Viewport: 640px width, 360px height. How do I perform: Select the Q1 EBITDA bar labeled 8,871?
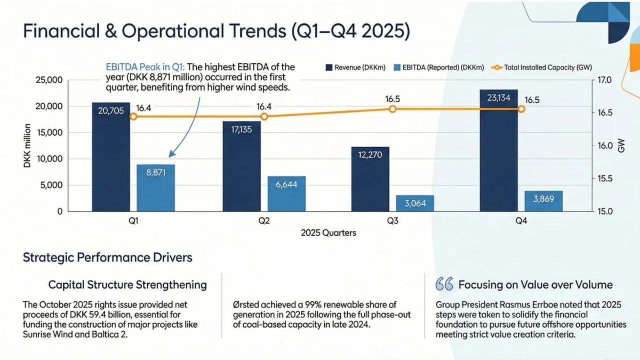(x=155, y=187)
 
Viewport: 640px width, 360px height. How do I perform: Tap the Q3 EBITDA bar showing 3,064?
(x=414, y=203)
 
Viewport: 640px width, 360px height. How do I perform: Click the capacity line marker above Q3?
(x=392, y=108)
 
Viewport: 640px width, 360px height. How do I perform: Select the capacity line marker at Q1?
(x=133, y=116)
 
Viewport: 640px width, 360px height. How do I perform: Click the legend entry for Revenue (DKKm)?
(x=355, y=67)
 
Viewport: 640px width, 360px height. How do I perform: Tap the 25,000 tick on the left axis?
(x=48, y=80)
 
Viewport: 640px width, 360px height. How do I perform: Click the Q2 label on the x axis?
(x=264, y=220)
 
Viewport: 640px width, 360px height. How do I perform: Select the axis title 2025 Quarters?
(x=328, y=233)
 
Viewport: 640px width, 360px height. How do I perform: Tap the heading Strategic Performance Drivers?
(x=107, y=258)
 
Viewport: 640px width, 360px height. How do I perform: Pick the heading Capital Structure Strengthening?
(x=127, y=285)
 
